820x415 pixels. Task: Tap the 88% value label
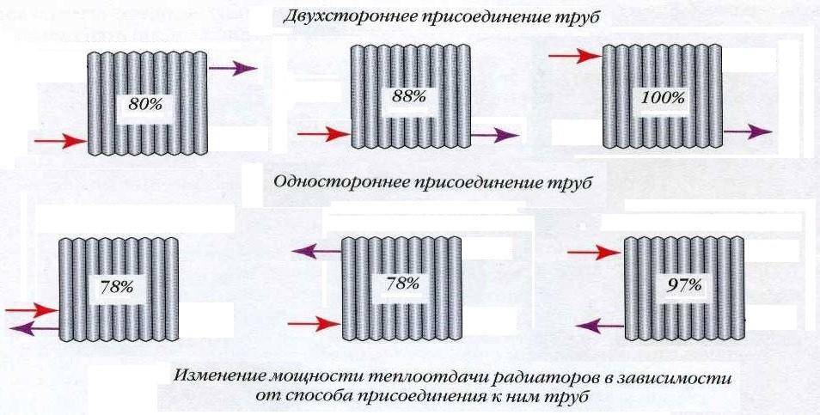[408, 97]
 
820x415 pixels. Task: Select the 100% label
[663, 97]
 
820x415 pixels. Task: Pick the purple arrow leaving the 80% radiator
[232, 69]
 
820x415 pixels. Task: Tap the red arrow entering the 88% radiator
[323, 134]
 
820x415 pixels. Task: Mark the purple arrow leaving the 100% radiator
[747, 131]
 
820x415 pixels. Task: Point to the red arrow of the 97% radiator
[594, 252]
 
